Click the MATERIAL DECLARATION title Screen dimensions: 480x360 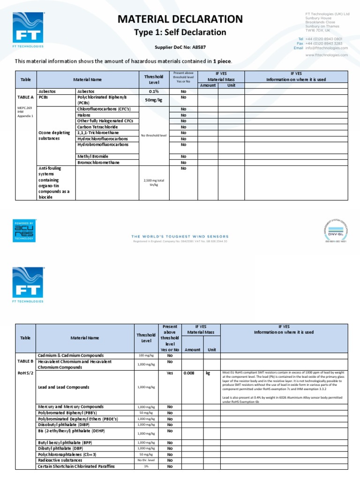180,19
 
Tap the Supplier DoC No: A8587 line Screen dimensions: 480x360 180,47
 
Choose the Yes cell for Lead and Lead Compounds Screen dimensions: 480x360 170,374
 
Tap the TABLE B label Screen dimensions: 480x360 26,361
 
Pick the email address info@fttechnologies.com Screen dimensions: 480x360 326,48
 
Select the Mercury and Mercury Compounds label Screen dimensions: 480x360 71,406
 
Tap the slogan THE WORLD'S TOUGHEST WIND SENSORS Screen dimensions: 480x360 180,236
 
